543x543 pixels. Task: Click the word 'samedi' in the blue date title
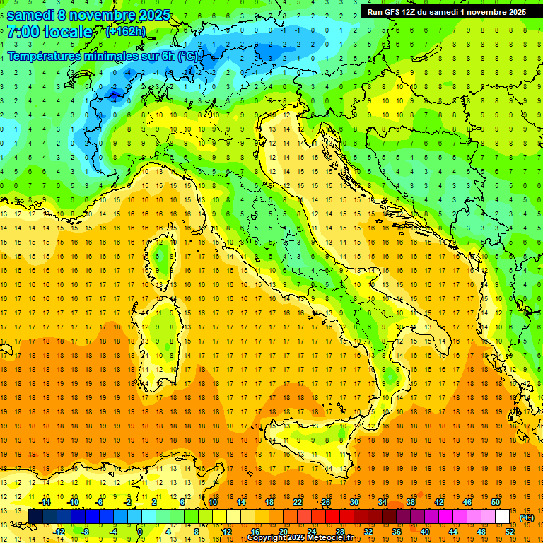(32, 15)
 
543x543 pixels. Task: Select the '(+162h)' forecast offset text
(127, 32)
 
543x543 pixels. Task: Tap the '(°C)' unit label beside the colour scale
(527, 518)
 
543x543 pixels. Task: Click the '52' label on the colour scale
(510, 531)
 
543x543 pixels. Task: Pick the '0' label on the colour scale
(140, 531)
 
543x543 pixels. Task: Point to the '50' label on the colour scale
(495, 502)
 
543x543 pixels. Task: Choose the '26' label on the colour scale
(325, 502)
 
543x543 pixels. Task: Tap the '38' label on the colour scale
(410, 502)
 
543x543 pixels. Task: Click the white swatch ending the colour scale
(502, 516)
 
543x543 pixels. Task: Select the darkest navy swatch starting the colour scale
(35, 516)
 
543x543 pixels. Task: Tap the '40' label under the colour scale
(424, 531)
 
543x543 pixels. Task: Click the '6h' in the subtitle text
(170, 56)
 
